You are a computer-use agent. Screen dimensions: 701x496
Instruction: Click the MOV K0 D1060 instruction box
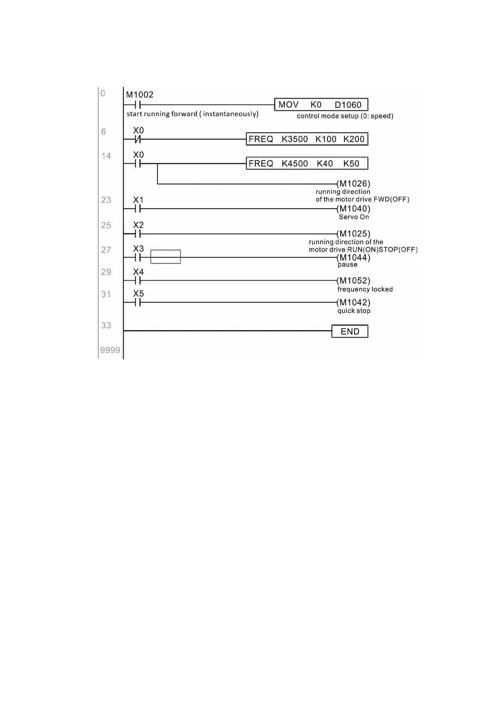click(x=321, y=104)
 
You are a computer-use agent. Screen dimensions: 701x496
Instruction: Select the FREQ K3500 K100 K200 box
click(x=307, y=139)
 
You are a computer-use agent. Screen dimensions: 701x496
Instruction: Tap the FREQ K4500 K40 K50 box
click(x=307, y=163)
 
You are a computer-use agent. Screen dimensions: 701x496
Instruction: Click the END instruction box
click(x=350, y=331)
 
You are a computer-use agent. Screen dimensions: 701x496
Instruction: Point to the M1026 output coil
click(x=354, y=184)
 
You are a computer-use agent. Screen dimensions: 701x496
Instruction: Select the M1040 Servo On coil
click(x=354, y=209)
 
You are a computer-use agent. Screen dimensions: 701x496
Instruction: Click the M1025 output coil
click(x=354, y=234)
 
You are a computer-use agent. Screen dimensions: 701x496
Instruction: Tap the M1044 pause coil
click(x=354, y=257)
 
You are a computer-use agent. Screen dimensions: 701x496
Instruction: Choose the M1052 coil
click(x=354, y=281)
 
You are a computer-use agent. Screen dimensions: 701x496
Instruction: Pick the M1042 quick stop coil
click(x=354, y=302)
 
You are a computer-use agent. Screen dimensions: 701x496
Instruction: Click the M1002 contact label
click(x=140, y=95)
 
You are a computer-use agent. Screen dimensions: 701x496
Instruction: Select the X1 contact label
click(x=138, y=200)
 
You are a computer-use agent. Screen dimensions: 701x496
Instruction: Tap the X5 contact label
click(x=138, y=293)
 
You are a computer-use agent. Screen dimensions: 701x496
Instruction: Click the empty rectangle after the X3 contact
click(x=165, y=257)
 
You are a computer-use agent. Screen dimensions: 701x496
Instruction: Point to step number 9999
click(x=110, y=350)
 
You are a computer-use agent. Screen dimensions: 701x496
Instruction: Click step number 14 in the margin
click(x=106, y=156)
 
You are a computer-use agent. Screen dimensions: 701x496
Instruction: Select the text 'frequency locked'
click(x=365, y=289)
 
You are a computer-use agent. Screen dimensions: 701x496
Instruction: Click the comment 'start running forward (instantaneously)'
click(x=192, y=114)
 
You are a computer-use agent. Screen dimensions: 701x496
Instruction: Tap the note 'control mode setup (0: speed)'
click(x=345, y=116)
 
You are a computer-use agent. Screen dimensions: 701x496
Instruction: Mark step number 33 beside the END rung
click(x=106, y=326)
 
